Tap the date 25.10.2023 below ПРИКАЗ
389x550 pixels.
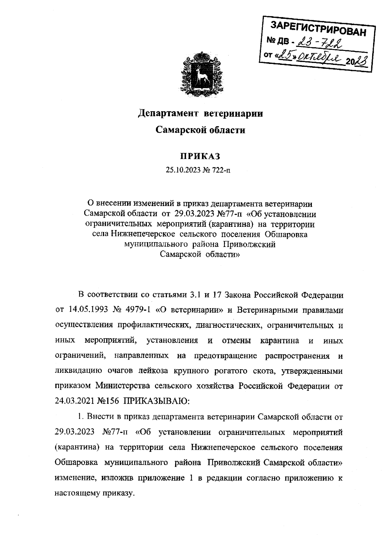click(x=183, y=170)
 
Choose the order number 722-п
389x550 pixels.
click(x=222, y=170)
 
